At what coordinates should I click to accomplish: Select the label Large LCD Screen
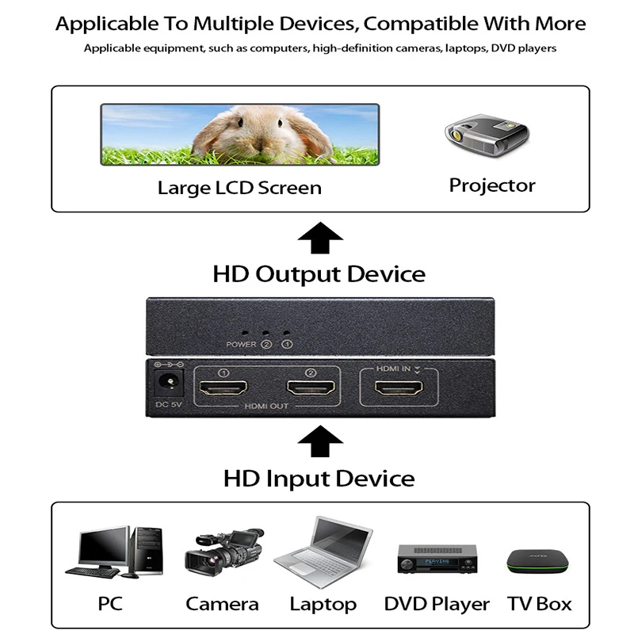pos(239,188)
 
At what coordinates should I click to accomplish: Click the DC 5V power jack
pos(168,382)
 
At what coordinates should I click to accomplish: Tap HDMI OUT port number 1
pos(223,388)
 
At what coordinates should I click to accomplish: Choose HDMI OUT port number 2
pos(311,388)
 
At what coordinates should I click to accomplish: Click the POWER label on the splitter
pos(241,345)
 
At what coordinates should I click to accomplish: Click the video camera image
pos(223,551)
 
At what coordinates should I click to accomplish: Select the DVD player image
pos(437,560)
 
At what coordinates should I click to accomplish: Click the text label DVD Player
pos(437,604)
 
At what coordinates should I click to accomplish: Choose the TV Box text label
pos(539,604)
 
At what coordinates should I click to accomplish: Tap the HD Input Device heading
pos(319,479)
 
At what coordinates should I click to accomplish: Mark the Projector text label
pos(492,185)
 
